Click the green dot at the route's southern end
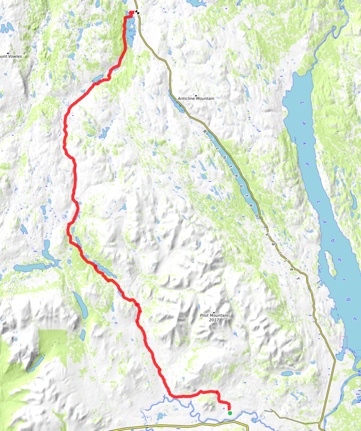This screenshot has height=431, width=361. click(x=230, y=413)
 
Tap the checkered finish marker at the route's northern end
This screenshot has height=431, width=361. click(x=137, y=12)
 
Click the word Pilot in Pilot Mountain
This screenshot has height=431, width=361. click(x=205, y=316)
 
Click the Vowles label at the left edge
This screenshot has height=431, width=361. click(x=14, y=56)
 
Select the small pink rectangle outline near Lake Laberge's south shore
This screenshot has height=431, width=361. click(x=343, y=341)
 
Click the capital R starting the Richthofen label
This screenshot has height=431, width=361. click(x=205, y=132)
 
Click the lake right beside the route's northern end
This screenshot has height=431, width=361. click(x=131, y=32)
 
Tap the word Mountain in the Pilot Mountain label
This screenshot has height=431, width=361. click(x=220, y=316)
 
